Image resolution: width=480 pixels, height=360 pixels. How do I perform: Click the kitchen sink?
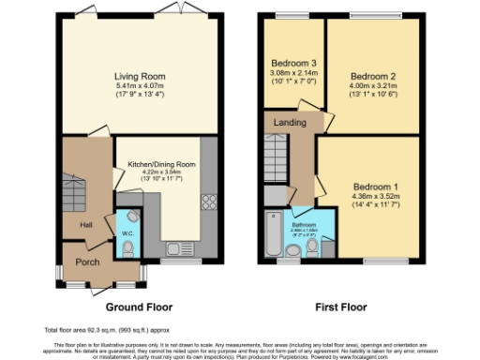pos(175,248)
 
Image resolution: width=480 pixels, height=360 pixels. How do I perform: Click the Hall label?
pos(86,225)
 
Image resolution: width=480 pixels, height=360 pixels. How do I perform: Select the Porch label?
pos(88,263)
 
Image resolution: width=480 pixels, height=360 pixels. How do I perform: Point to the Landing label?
pos(289,123)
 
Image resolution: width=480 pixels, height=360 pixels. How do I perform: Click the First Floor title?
pos(338,307)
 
